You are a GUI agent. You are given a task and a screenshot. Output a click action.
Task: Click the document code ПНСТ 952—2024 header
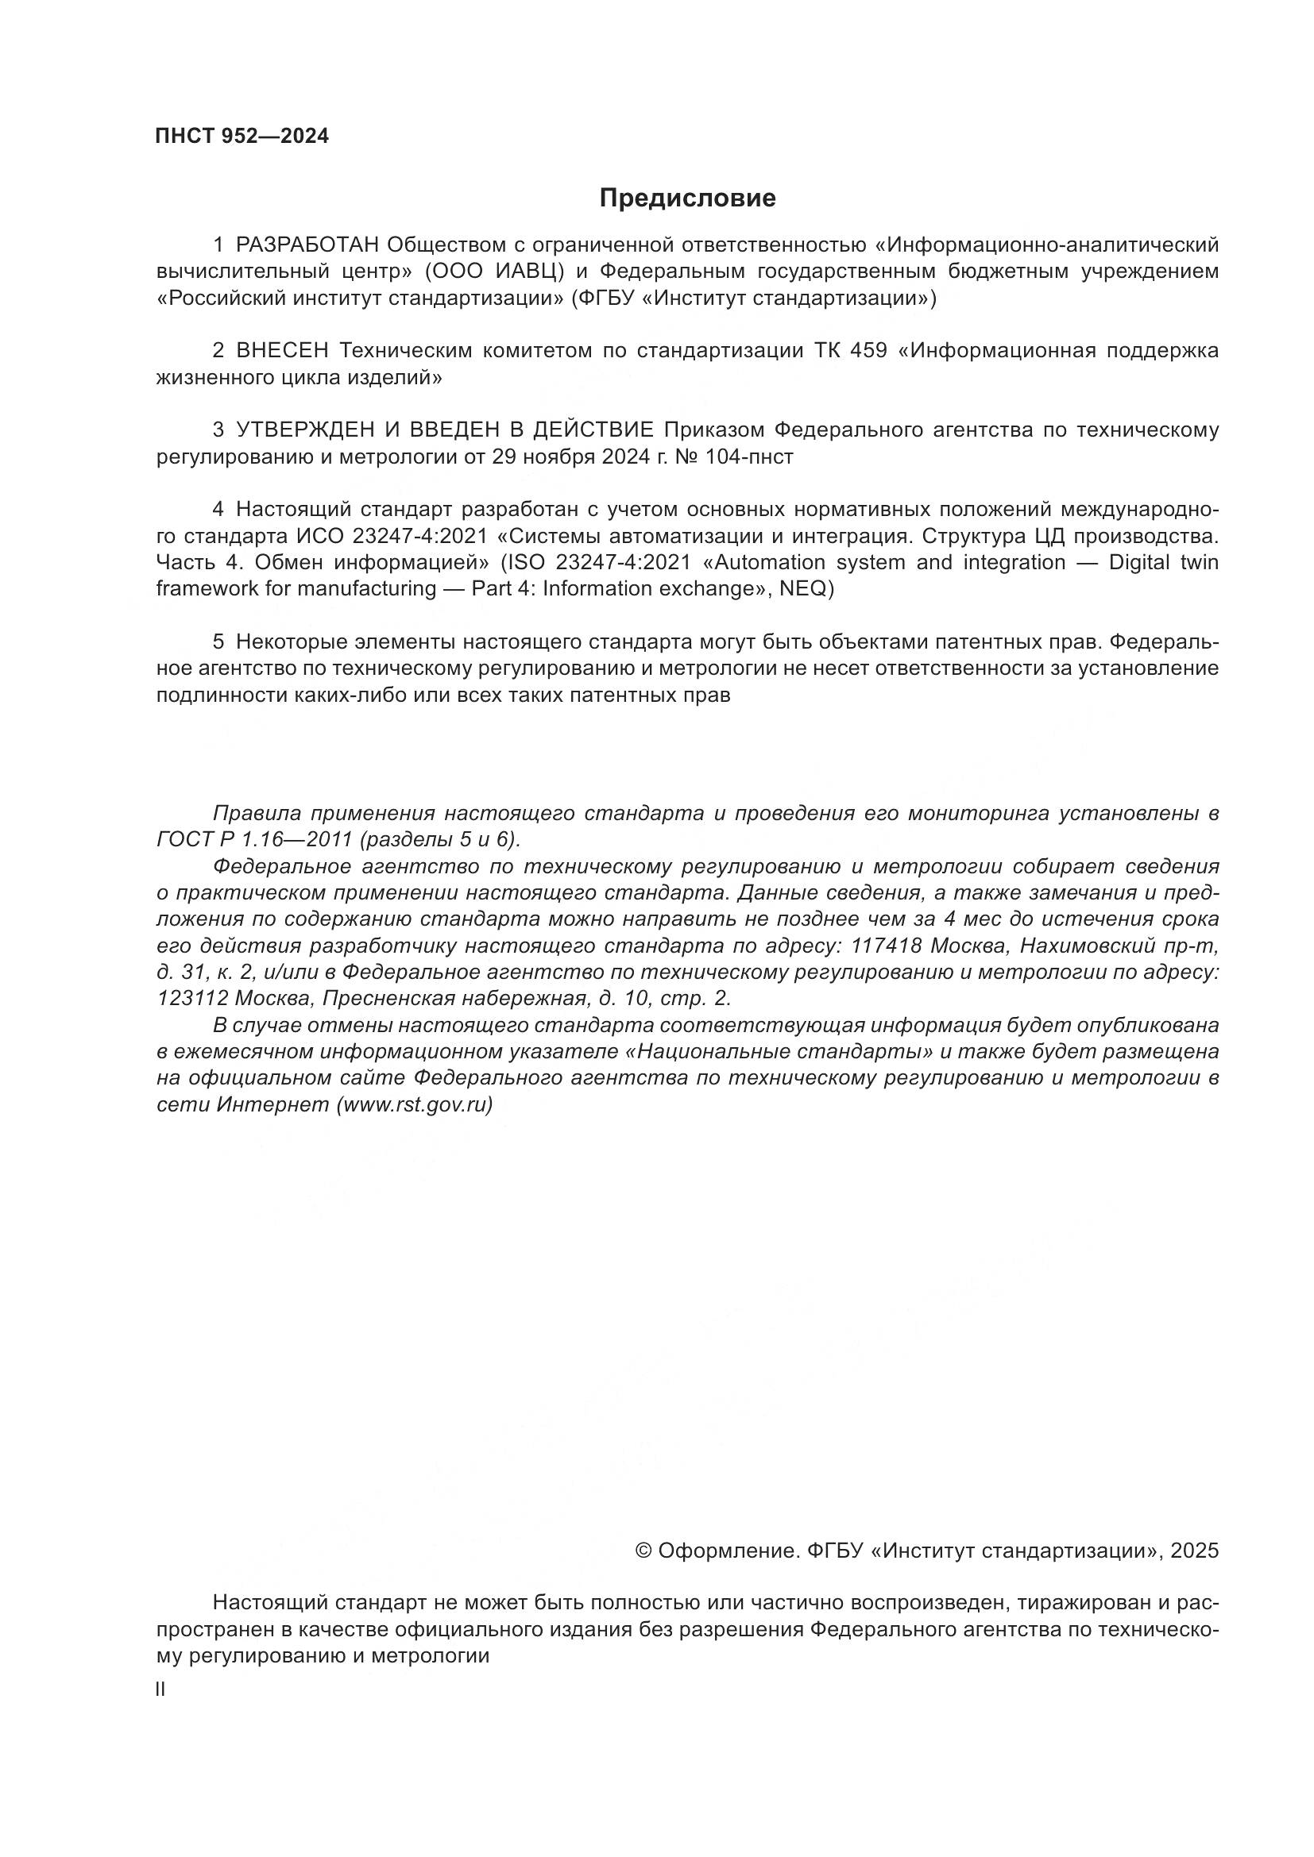click(242, 136)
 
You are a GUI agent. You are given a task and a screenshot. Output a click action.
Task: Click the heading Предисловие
click(687, 198)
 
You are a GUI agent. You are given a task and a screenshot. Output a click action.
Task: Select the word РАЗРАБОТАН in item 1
click(307, 245)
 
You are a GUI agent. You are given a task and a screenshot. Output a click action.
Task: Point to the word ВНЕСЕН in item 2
click(282, 351)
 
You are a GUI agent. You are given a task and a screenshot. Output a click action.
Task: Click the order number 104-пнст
click(748, 457)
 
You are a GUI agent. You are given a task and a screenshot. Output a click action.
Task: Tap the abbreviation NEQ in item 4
click(802, 588)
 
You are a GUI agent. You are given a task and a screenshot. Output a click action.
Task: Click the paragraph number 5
click(218, 642)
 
